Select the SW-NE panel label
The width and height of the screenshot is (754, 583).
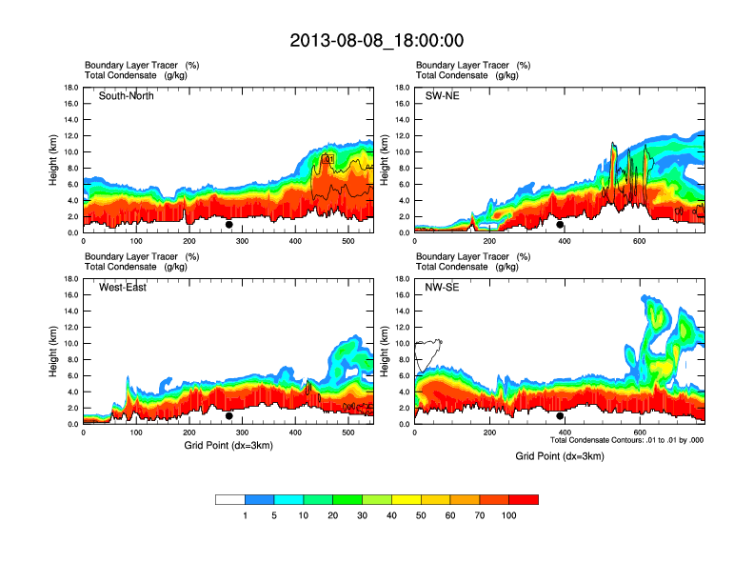coord(442,96)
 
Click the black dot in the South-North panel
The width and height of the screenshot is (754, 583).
coord(229,225)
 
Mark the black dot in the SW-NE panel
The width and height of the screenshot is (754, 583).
coord(560,225)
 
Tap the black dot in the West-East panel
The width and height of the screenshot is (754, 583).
coord(229,416)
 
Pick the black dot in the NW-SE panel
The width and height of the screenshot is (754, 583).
coord(560,416)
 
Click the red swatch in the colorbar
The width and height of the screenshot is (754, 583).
coord(524,499)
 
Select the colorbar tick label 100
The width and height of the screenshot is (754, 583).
coord(509,515)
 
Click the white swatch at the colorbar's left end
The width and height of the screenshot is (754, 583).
coord(230,499)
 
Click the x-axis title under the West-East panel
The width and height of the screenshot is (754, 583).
coord(228,446)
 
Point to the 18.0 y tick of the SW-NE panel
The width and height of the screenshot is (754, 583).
coord(401,88)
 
